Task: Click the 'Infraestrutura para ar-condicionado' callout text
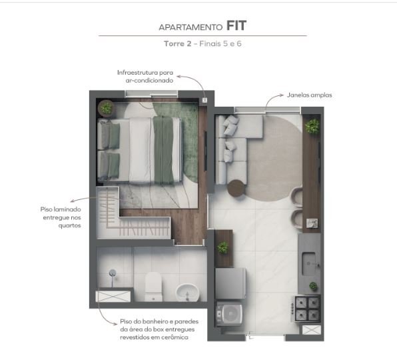(145, 75)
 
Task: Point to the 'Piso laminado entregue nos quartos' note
(61, 217)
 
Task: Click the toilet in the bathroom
(153, 285)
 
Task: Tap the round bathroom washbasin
(186, 291)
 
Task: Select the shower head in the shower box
(113, 273)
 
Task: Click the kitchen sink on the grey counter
(311, 259)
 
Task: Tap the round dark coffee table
(237, 189)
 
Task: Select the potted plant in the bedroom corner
(106, 108)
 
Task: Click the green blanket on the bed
(163, 147)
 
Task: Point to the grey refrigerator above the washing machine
(231, 283)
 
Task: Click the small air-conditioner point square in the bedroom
(204, 101)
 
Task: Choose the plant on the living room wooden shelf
(312, 127)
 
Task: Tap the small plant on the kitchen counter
(313, 286)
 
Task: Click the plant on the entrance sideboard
(222, 247)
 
